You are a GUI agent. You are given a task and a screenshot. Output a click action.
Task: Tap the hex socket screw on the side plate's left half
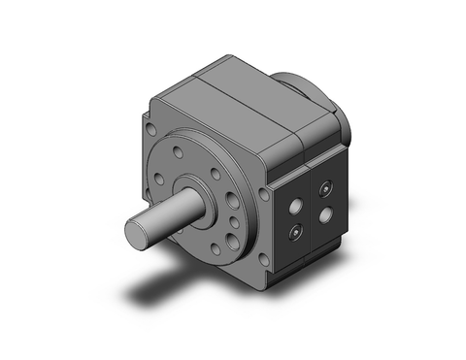(293, 229)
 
